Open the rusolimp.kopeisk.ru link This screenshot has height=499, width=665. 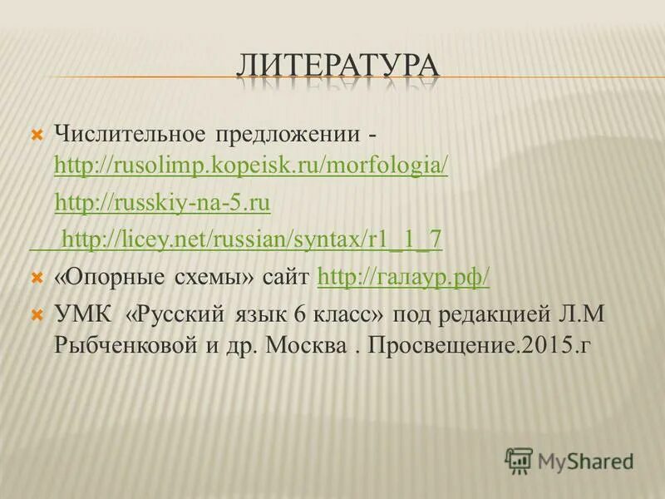point(250,166)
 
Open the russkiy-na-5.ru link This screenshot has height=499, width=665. point(163,204)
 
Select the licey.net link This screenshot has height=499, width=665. point(252,240)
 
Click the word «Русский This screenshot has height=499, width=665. point(176,315)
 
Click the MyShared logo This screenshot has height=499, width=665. point(570,460)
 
